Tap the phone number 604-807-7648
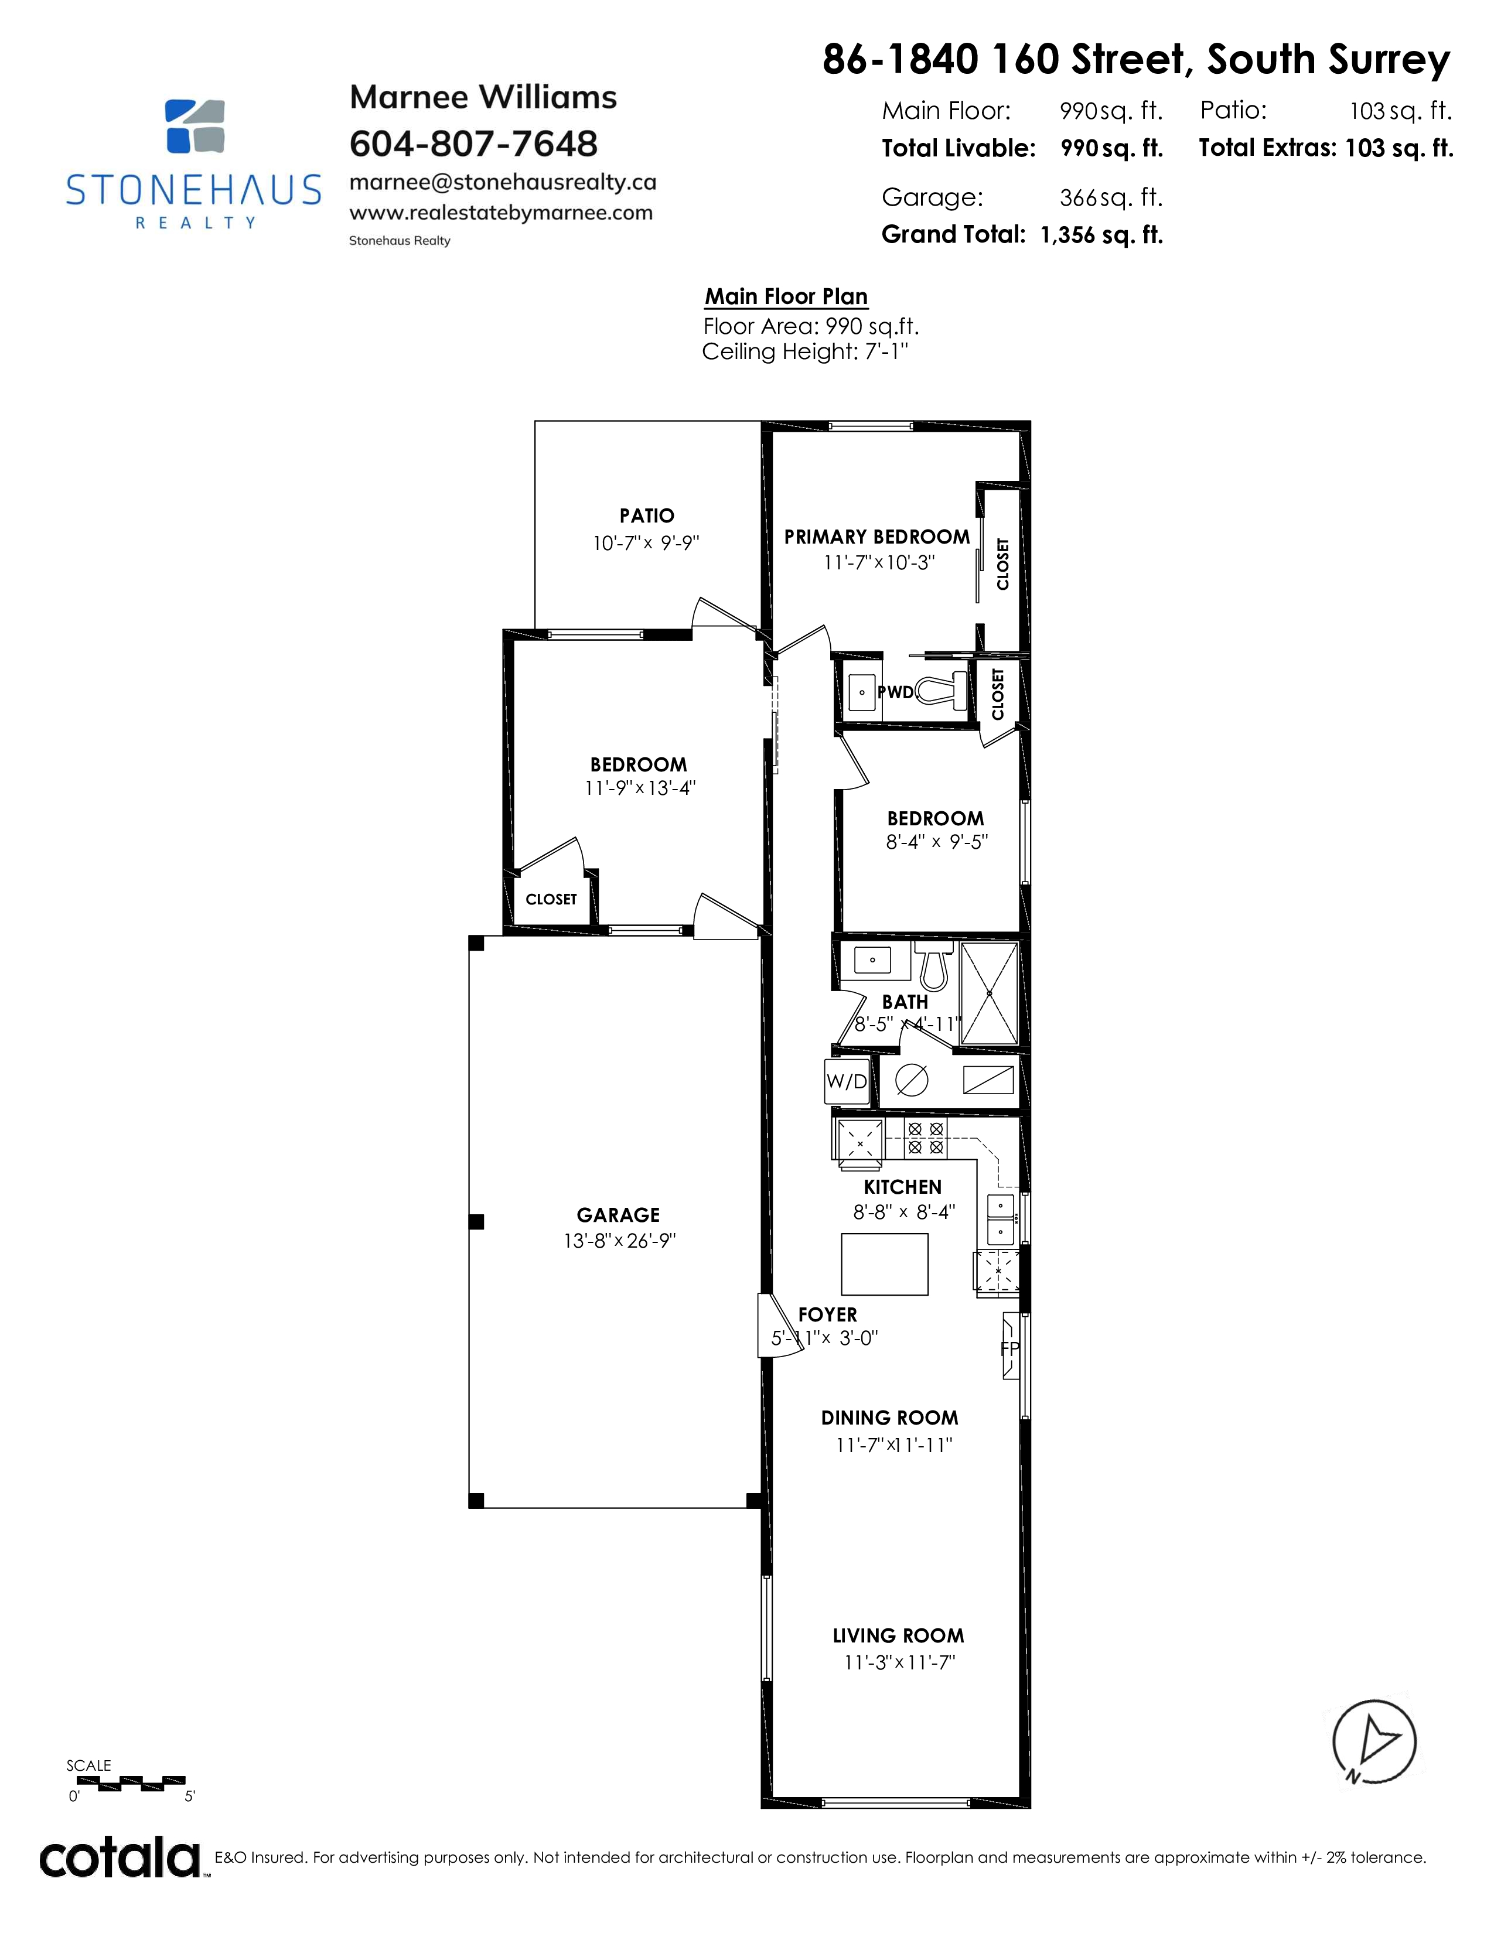tap(473, 144)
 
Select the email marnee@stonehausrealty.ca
tap(503, 182)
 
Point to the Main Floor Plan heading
tap(786, 296)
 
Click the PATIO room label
tap(647, 515)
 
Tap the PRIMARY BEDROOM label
tap(877, 537)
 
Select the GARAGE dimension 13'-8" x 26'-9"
tap(619, 1241)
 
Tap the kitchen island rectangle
tap(884, 1264)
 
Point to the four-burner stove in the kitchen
tap(926, 1138)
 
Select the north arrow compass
tap(1374, 1743)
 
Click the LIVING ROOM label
tap(898, 1635)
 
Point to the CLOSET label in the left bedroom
tap(551, 899)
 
